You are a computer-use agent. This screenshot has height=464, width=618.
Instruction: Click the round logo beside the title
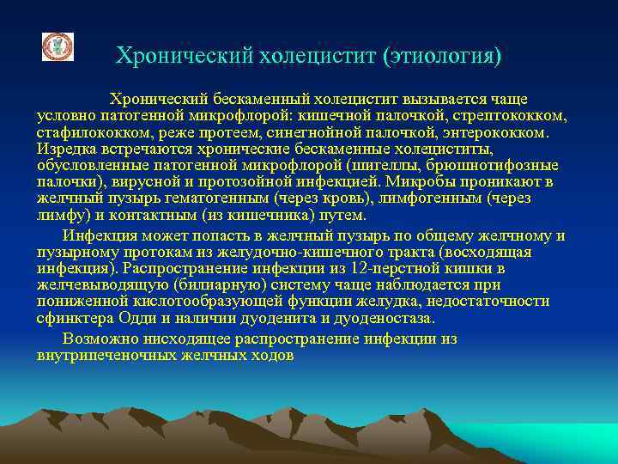click(x=58, y=47)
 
